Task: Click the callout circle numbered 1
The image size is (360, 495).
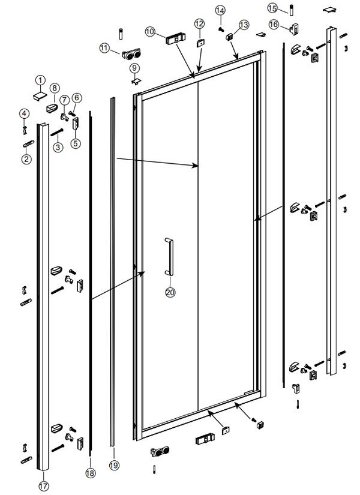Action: click(x=40, y=80)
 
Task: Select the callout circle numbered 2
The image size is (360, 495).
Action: click(x=26, y=159)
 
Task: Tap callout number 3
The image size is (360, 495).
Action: click(x=58, y=147)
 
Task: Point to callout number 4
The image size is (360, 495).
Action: click(x=24, y=113)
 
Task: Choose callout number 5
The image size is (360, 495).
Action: click(x=75, y=143)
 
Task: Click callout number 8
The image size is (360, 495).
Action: click(x=54, y=88)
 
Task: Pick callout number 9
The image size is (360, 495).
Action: click(x=133, y=68)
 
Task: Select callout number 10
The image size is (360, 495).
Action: click(x=149, y=31)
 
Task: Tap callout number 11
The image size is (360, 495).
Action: click(x=105, y=49)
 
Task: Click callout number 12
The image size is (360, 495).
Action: click(x=199, y=23)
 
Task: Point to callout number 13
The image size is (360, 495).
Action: click(x=243, y=25)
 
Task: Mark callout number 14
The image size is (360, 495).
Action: click(x=220, y=10)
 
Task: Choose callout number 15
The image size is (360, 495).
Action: click(x=272, y=8)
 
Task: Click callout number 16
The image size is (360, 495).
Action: click(x=274, y=25)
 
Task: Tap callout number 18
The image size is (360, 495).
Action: click(x=90, y=473)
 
